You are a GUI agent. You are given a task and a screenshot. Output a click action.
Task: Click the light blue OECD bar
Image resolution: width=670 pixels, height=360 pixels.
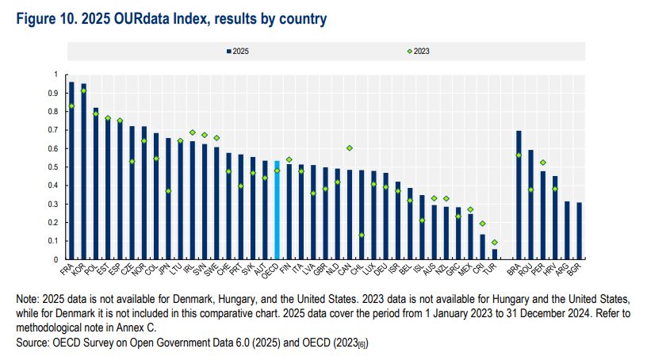(x=277, y=210)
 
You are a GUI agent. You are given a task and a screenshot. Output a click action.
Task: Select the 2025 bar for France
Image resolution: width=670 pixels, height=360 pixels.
(x=71, y=170)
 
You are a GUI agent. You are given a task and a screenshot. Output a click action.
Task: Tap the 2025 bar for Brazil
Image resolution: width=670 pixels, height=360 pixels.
(x=519, y=195)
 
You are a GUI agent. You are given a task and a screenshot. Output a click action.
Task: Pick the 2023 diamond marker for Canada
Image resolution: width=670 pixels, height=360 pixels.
(x=350, y=147)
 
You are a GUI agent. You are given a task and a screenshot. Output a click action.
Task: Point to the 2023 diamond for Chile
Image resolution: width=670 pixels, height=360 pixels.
(x=362, y=235)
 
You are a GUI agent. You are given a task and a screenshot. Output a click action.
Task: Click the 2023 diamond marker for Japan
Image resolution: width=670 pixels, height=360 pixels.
(x=168, y=191)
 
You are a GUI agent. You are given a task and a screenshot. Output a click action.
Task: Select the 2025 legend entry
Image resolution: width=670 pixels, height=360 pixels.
(x=237, y=51)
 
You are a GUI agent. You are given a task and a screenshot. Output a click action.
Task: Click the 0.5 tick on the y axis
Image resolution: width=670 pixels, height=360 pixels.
(x=56, y=167)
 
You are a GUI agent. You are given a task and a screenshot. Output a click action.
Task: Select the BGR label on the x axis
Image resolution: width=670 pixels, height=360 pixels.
(x=584, y=270)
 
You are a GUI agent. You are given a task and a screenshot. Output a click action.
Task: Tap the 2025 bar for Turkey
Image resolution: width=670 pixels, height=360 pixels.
(x=494, y=254)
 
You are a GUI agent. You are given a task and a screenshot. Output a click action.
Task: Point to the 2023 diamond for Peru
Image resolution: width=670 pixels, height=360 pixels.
(x=542, y=163)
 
